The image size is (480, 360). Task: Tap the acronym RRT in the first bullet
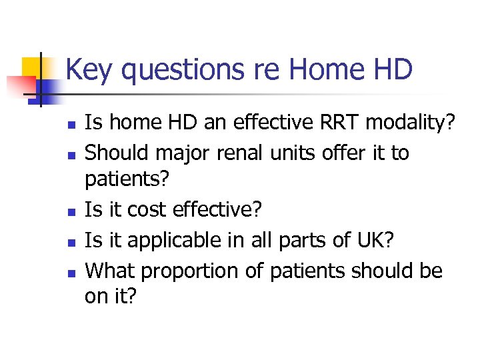(325, 123)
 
